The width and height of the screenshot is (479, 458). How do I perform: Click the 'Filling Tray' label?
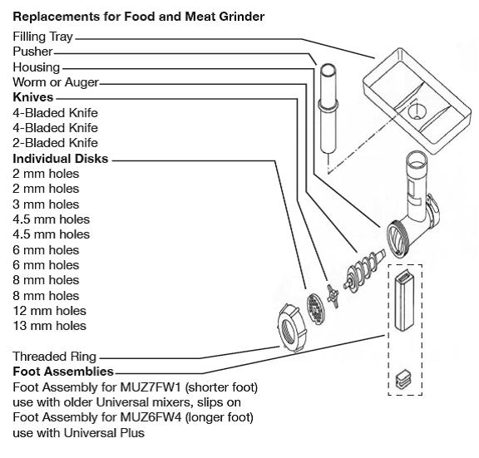point(42,37)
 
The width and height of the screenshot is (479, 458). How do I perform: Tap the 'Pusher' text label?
point(32,52)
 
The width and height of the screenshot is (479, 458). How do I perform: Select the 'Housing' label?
point(37,67)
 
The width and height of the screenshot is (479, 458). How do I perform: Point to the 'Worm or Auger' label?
point(56,82)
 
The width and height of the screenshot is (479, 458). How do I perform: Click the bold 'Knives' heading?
point(33,97)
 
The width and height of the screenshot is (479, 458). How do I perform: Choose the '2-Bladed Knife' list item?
point(55,143)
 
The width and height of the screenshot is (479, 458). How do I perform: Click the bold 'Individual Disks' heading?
point(61,159)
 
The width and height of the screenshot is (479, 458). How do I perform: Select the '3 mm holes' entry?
point(46,204)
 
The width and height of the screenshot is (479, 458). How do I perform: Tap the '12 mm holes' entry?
point(50,311)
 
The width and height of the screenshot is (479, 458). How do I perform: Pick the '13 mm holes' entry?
point(50,326)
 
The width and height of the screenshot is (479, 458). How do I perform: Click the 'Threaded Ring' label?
point(54,357)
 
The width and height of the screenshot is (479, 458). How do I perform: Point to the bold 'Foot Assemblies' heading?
point(63,372)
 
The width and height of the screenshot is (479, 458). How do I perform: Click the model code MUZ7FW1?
point(151,387)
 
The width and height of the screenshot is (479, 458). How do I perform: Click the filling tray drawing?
point(417,101)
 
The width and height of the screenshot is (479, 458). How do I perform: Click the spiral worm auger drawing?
point(364,270)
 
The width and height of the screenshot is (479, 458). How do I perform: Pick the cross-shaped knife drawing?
point(333,297)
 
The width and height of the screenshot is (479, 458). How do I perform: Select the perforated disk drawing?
point(315,308)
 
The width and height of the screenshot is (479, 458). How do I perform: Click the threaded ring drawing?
point(291,327)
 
